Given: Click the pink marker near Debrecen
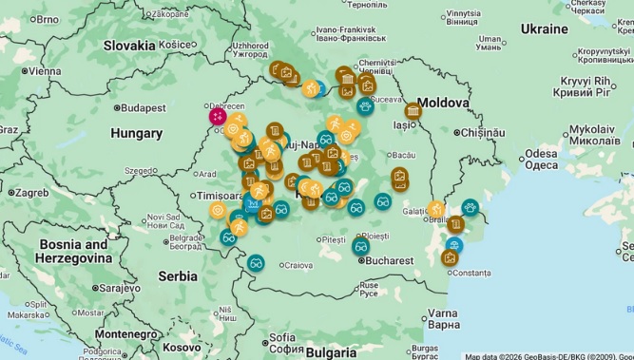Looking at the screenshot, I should click(x=219, y=116).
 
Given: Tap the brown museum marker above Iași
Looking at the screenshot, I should click(x=413, y=110).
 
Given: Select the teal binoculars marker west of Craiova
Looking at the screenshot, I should click(x=256, y=262).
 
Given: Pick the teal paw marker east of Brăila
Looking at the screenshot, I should click(x=470, y=207).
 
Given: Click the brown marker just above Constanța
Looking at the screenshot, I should click(x=450, y=257).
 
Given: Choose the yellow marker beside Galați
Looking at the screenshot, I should click(x=435, y=209).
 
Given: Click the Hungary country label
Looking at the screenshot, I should click(x=136, y=134).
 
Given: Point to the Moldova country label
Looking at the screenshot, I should click(x=443, y=102).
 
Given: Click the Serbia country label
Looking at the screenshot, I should click(x=178, y=276).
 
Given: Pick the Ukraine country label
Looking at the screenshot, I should click(x=544, y=29).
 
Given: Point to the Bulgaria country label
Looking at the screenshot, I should click(x=331, y=351).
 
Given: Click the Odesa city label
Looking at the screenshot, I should click(x=541, y=159).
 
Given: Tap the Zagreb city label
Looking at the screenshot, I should click(x=30, y=192).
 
